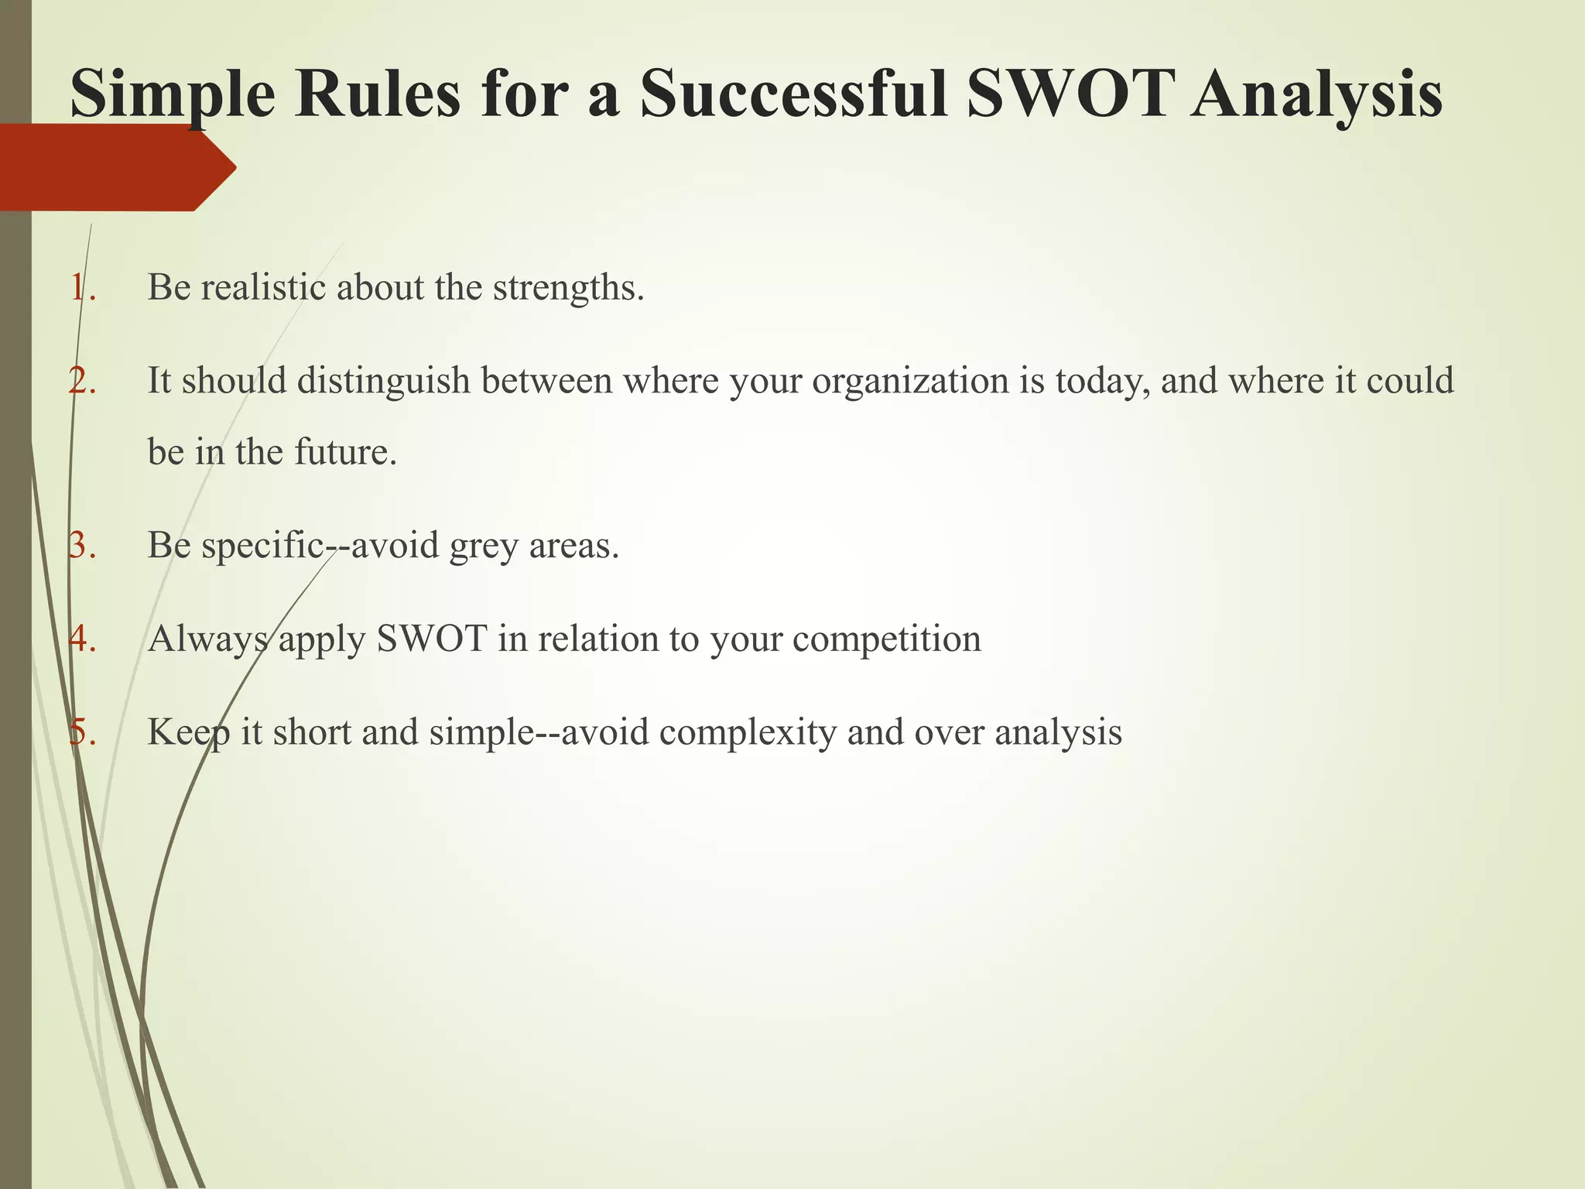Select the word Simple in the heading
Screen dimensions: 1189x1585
pos(173,94)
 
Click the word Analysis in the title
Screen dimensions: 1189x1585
pos(1316,94)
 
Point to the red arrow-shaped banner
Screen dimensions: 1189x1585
pos(116,168)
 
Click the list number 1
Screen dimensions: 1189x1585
pos(80,287)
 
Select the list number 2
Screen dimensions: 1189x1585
pos(80,381)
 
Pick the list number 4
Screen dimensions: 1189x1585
pos(80,639)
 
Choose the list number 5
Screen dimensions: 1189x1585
pos(80,732)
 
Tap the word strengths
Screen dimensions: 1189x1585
pos(568,289)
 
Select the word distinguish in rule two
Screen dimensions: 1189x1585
pos(384,381)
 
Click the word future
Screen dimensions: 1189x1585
pos(345,452)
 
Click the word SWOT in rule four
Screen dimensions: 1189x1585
pos(431,639)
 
